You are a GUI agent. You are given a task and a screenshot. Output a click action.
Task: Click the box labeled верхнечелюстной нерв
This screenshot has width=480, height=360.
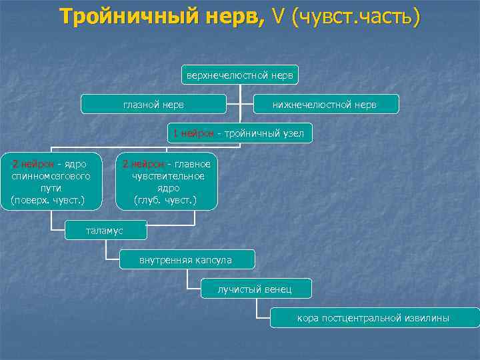[x=239, y=75]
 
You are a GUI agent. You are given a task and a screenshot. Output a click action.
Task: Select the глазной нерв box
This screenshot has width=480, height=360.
[x=153, y=104]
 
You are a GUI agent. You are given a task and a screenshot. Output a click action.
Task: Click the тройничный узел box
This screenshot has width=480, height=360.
[x=238, y=133]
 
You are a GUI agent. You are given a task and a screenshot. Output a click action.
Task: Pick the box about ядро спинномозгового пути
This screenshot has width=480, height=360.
[x=53, y=181]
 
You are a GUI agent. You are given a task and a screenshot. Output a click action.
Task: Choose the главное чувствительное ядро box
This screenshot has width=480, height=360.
[x=167, y=181]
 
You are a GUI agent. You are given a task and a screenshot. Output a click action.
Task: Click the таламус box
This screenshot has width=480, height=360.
[x=105, y=231]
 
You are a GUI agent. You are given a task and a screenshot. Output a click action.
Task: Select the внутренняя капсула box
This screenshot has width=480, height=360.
[x=185, y=259]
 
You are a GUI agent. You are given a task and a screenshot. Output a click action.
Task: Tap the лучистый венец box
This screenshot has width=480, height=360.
[x=255, y=289]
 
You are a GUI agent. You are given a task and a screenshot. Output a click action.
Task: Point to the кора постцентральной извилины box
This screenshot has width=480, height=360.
[x=373, y=318]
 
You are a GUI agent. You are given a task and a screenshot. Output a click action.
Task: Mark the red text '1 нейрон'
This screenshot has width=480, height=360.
[x=193, y=133]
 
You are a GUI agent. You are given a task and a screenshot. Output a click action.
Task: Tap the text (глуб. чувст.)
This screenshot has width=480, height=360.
[x=165, y=199]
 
